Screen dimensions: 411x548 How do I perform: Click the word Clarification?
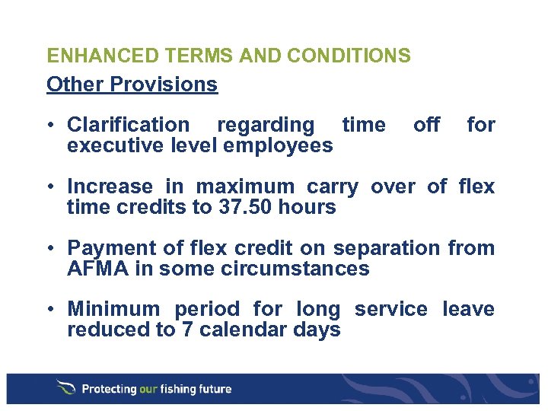point(129,125)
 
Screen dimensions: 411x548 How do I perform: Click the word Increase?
point(110,186)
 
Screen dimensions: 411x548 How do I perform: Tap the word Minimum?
point(113,310)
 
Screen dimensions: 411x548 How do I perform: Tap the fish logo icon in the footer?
point(65,388)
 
